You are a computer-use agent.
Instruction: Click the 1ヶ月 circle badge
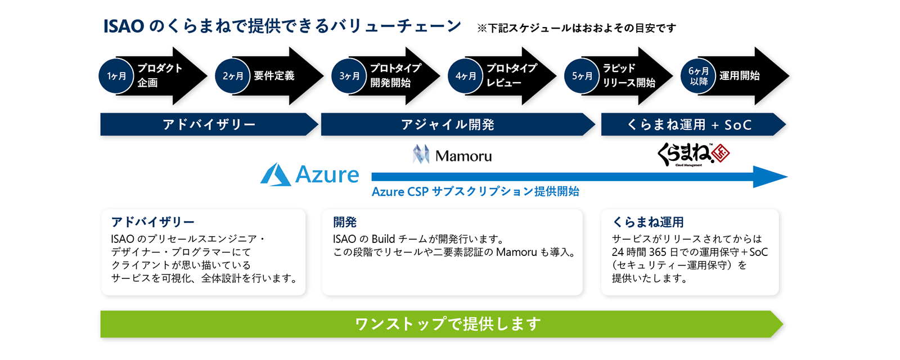[116, 76]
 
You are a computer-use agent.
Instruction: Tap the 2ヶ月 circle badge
[233, 76]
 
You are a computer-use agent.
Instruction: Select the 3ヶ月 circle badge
[349, 76]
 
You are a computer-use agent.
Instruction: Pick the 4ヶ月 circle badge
[466, 76]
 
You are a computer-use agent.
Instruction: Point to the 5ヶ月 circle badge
[582, 76]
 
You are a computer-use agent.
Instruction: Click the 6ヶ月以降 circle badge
[699, 76]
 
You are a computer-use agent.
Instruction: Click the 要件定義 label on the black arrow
[274, 76]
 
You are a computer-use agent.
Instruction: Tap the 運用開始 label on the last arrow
[739, 76]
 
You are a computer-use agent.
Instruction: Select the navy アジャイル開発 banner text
[448, 125]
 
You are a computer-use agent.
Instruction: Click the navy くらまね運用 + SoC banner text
[689, 125]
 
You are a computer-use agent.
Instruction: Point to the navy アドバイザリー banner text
[209, 125]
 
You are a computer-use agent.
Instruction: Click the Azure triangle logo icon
[276, 174]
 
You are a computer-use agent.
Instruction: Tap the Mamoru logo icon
[421, 155]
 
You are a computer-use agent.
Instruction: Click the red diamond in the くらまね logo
[720, 153]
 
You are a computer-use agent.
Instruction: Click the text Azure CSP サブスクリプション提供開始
[475, 192]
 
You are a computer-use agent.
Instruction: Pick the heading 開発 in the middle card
[345, 222]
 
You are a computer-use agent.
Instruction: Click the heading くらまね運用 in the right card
[648, 222]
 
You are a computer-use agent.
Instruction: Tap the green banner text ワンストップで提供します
[448, 324]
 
